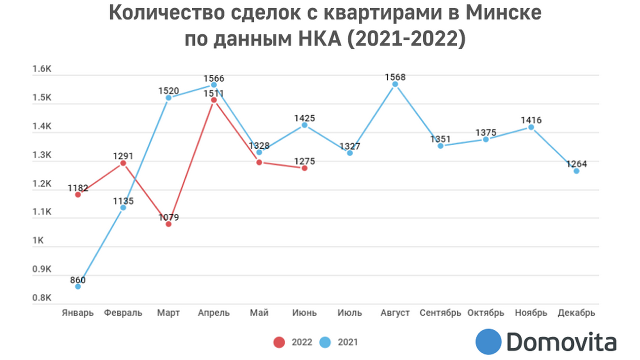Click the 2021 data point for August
(x=395, y=84)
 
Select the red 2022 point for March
(x=168, y=224)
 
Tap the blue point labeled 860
(x=78, y=286)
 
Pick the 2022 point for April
(x=214, y=100)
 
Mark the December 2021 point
(x=576, y=171)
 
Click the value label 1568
(x=395, y=77)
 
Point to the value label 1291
(x=123, y=155)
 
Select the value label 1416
(x=531, y=120)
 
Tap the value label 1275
(x=304, y=161)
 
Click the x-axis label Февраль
(x=123, y=313)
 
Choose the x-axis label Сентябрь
(x=440, y=313)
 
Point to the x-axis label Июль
(x=349, y=313)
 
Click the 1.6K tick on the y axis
(x=42, y=69)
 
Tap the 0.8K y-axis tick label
(x=42, y=298)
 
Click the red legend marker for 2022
(x=278, y=342)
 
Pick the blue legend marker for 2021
(x=324, y=342)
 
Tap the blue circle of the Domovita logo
(x=488, y=341)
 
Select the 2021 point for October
(x=485, y=139)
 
